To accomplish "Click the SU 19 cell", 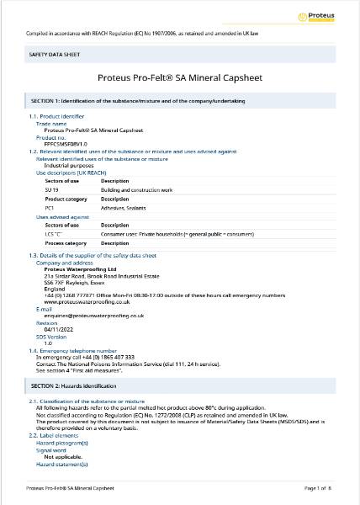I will [51, 189].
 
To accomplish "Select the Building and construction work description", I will [136, 189].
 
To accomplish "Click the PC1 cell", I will [50, 207].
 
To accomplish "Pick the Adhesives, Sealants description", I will [125, 207].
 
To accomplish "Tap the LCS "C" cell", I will [54, 234].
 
